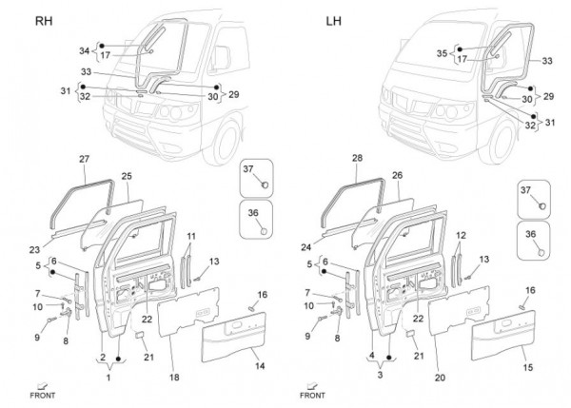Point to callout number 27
(84, 158)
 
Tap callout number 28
(358, 158)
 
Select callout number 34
(84, 50)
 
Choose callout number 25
(126, 176)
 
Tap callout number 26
(397, 176)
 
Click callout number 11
(190, 235)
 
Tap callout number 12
(463, 235)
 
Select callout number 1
(108, 379)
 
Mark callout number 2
(101, 358)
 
